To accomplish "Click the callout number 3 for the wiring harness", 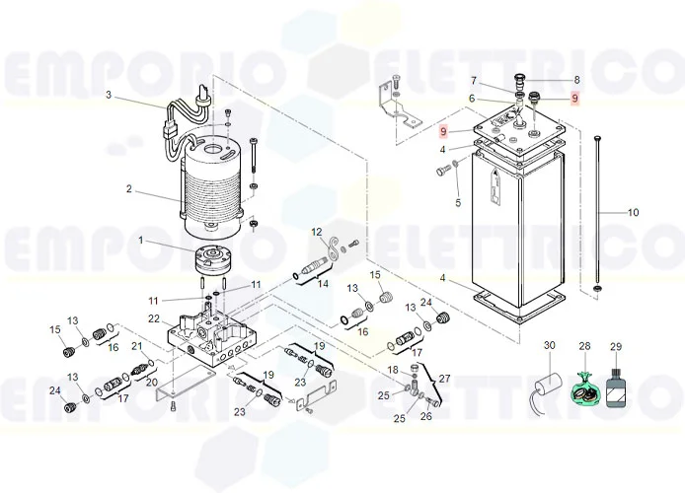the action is [109, 95].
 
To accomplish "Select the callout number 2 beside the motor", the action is [129, 189].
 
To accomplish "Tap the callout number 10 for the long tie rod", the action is [633, 212].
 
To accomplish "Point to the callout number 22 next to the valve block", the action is [154, 318].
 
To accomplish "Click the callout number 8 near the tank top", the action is [576, 80].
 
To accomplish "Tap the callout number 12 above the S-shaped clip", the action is [317, 232].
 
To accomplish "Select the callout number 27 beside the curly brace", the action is [444, 379].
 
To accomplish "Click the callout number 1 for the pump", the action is [141, 241].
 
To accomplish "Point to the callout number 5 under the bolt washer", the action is [458, 203].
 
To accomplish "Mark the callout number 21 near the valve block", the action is [137, 346].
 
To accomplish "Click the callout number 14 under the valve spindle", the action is [323, 284].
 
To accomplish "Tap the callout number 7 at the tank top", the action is [473, 81].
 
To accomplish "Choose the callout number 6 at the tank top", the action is [472, 99].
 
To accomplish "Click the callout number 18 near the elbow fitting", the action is [393, 370].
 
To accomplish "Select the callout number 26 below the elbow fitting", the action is [426, 416].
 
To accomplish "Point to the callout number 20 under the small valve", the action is [152, 383].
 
